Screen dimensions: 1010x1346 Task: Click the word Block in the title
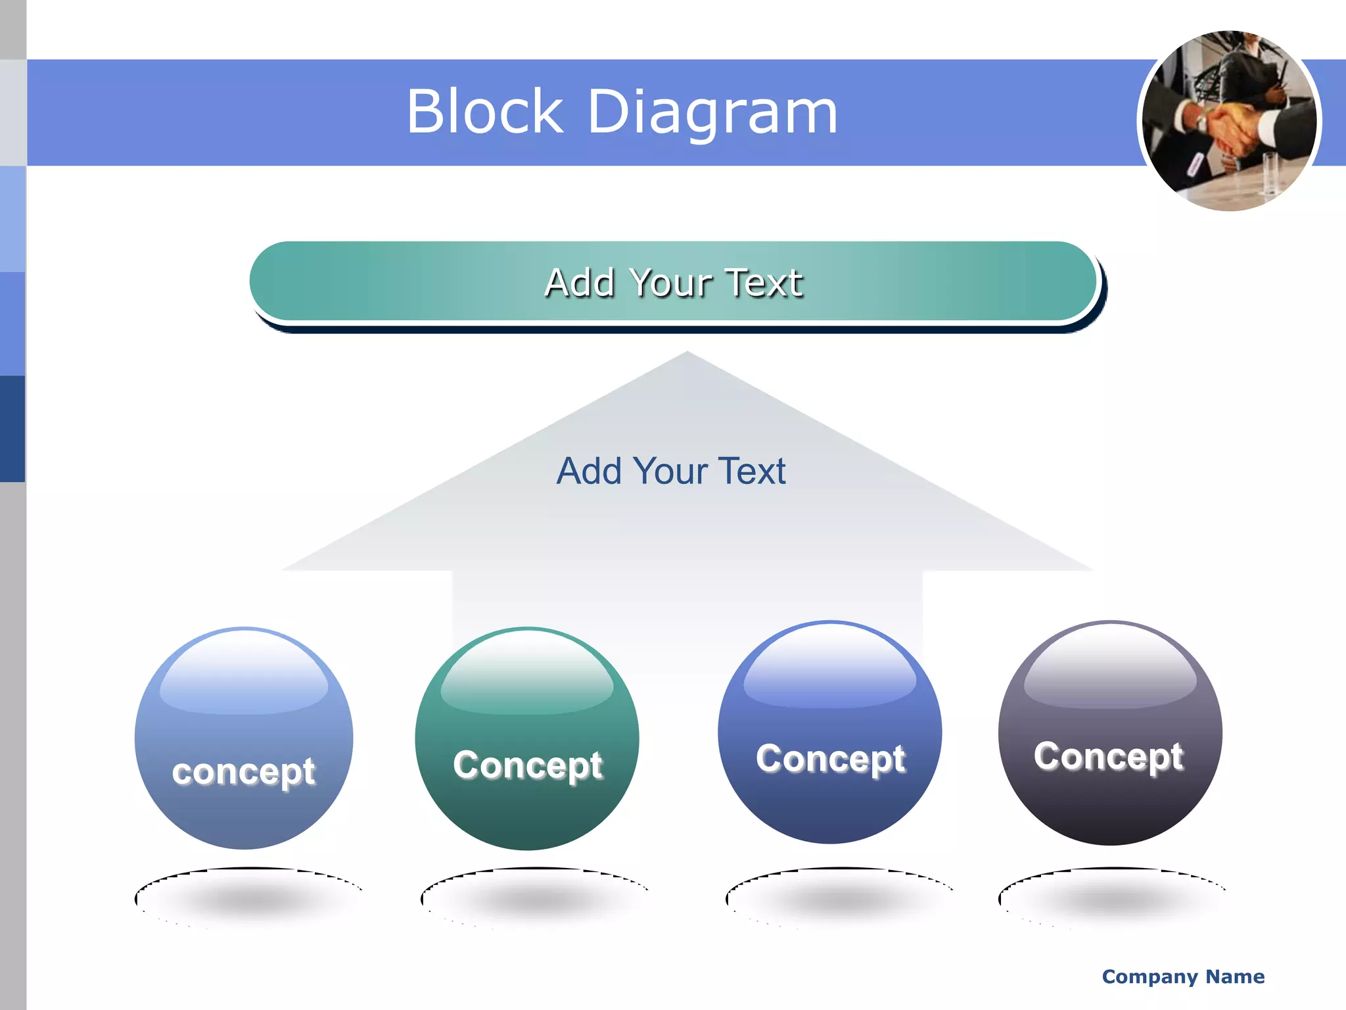(x=485, y=112)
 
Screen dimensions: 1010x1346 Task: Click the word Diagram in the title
(x=712, y=113)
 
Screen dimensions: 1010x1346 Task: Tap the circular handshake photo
(x=1229, y=121)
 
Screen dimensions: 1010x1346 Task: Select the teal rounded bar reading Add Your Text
(x=673, y=282)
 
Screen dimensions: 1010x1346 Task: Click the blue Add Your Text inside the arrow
(x=670, y=471)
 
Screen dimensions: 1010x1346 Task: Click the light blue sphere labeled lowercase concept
(x=244, y=738)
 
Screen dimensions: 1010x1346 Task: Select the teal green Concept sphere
(x=527, y=738)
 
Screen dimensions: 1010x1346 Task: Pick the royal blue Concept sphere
(x=829, y=732)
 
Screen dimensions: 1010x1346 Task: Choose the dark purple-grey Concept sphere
(x=1110, y=733)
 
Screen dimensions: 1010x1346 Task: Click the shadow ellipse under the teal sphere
(x=534, y=896)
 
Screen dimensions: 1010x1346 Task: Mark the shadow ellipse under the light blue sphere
(x=248, y=896)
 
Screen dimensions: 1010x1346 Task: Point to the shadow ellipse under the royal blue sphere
(x=839, y=896)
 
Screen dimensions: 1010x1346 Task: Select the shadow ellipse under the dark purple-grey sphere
(x=1112, y=896)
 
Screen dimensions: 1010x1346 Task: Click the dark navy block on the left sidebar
(x=12, y=428)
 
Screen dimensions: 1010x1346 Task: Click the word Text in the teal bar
(x=763, y=283)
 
